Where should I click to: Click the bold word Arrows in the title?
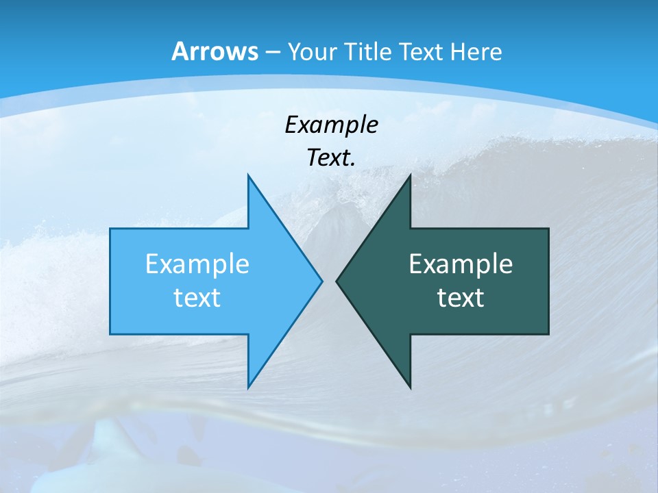click(x=214, y=51)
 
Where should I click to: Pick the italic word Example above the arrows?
click(x=331, y=125)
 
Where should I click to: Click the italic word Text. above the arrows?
click(x=331, y=157)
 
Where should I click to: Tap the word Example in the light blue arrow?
click(x=197, y=264)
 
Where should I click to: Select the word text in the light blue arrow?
click(x=197, y=298)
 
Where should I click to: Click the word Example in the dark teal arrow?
click(x=461, y=264)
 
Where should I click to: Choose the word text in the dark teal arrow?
click(x=461, y=298)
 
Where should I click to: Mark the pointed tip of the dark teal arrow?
click(x=337, y=281)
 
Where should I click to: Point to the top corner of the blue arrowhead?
click(x=248, y=177)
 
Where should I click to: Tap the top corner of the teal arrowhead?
click(x=410, y=177)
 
